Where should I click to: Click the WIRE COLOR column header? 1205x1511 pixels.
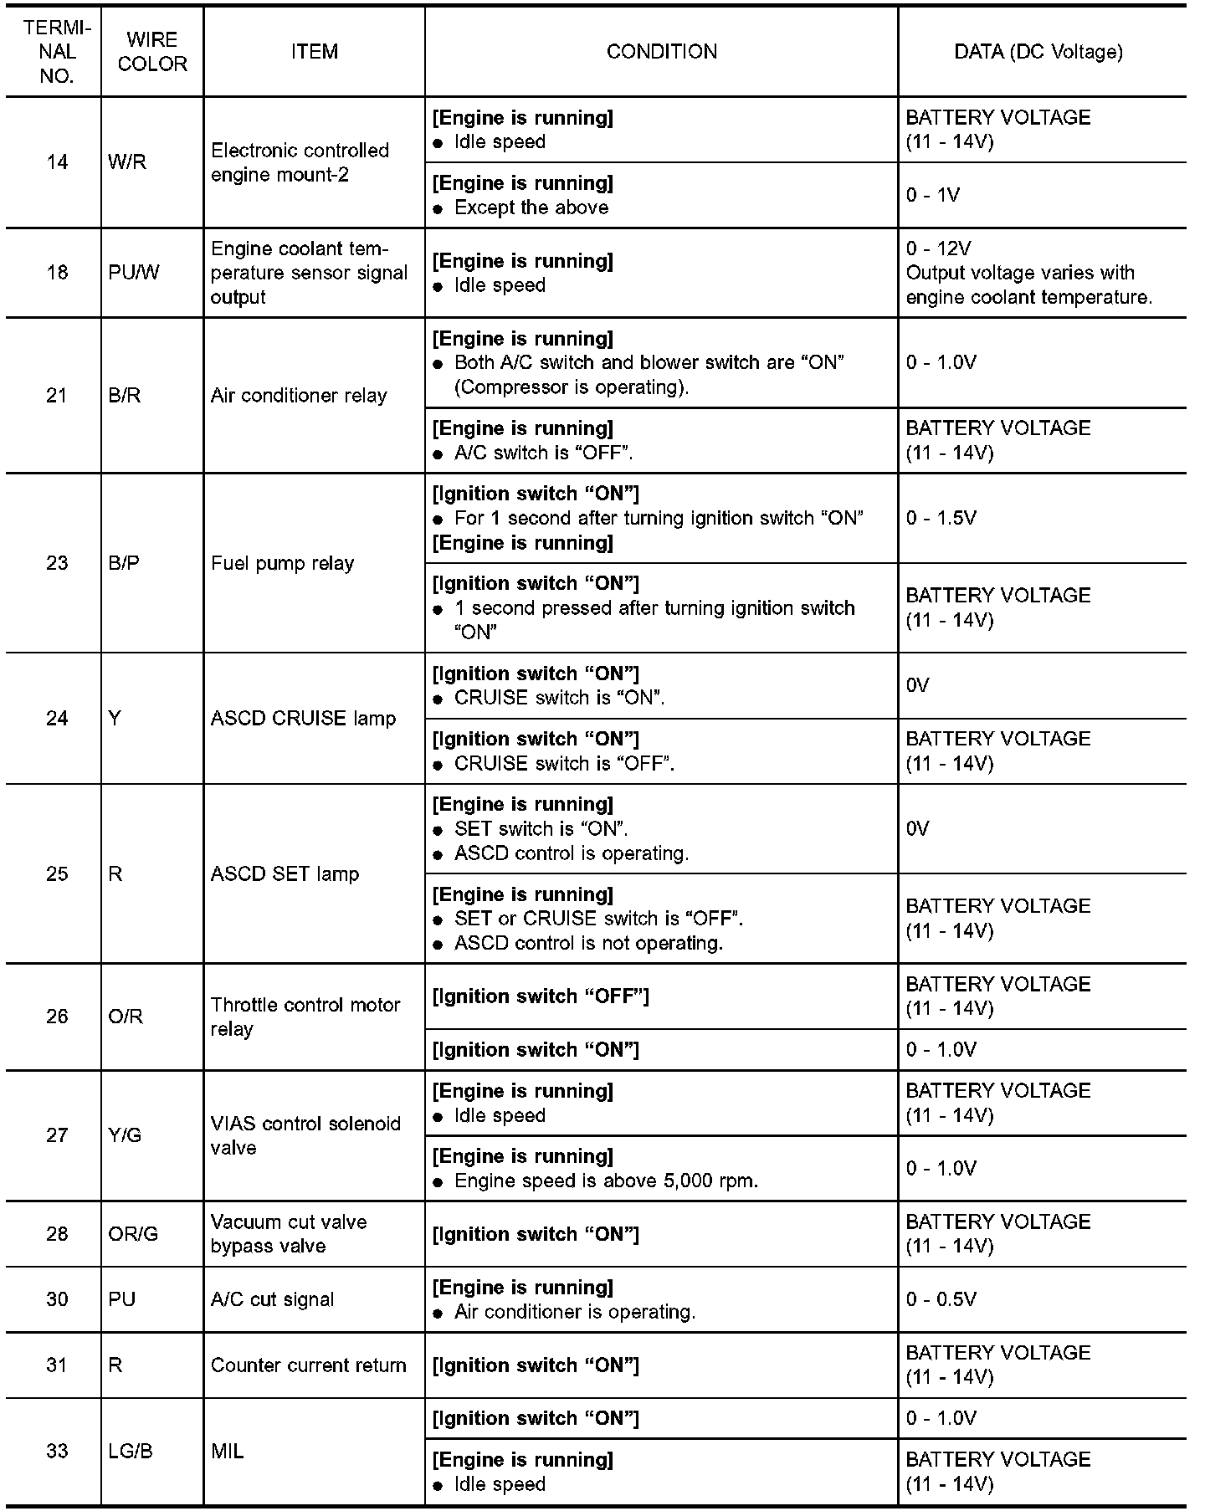(152, 52)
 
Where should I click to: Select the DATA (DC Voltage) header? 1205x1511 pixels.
(1038, 52)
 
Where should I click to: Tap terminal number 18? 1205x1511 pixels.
(57, 273)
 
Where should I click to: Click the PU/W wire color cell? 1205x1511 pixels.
(133, 273)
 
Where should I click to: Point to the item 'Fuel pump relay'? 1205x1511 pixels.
(282, 563)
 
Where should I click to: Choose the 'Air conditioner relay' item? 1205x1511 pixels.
(299, 396)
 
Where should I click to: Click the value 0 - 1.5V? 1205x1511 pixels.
(941, 518)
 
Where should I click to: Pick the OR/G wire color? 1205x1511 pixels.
(133, 1234)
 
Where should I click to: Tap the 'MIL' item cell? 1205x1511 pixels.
(228, 1451)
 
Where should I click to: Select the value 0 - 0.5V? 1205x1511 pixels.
(941, 1299)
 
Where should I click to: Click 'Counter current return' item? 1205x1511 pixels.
(308, 1365)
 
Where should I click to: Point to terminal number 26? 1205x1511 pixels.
(57, 1017)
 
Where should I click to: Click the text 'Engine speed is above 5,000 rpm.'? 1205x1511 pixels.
(606, 1181)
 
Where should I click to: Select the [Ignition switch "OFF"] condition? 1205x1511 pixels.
(540, 996)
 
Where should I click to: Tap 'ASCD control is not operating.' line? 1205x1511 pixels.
(588, 943)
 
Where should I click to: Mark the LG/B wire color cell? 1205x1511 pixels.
(131, 1451)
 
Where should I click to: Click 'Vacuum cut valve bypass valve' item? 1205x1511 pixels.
(289, 1234)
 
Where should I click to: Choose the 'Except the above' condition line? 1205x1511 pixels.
(531, 207)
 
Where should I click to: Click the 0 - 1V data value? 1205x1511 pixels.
(932, 195)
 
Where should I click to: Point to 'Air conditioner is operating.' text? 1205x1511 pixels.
(575, 1312)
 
